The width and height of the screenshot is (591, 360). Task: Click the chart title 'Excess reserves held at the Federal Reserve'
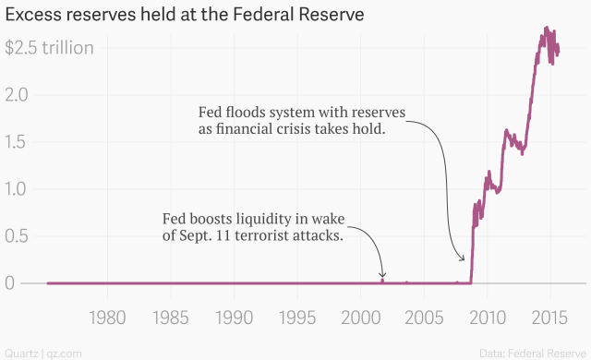tap(185, 16)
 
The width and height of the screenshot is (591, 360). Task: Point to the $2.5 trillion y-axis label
tap(49, 47)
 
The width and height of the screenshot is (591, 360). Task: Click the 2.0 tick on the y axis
tap(18, 94)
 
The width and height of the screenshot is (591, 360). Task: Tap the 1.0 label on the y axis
tap(18, 188)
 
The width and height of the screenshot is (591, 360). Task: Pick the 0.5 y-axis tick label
tap(18, 235)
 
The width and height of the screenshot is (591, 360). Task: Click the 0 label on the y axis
tap(10, 282)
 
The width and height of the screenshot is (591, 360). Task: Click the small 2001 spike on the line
tap(382, 279)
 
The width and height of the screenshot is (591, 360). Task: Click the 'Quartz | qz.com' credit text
tap(43, 352)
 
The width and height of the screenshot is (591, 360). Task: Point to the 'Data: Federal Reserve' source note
tap(532, 352)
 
